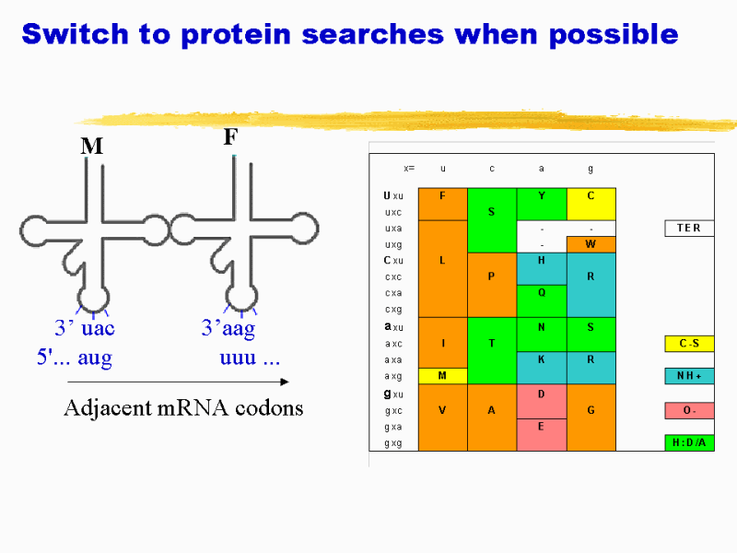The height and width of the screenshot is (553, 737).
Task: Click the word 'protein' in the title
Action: click(236, 35)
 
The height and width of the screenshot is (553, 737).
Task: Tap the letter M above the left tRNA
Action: click(91, 146)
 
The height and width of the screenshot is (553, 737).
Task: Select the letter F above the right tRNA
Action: click(231, 136)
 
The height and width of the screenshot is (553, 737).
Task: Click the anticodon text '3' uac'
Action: click(85, 327)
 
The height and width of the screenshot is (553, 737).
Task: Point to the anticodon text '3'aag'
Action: click(228, 328)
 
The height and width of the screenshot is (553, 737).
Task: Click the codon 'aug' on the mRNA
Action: click(95, 359)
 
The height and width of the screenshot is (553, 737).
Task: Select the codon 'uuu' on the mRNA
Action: click(238, 358)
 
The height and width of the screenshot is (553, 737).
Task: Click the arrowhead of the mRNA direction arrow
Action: click(285, 382)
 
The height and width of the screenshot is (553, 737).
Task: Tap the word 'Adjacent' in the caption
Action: click(107, 408)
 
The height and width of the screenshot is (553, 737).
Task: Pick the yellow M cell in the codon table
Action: click(443, 376)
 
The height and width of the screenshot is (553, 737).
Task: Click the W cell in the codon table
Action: click(591, 244)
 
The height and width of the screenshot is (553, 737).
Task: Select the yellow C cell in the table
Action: click(591, 204)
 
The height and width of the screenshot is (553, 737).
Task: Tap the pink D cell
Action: click(542, 401)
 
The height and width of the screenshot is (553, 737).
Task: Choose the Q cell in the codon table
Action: click(542, 301)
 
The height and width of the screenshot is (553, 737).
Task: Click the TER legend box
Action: click(689, 228)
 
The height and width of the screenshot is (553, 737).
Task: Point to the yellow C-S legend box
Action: click(689, 344)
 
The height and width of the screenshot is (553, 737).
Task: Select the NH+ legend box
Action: click(689, 376)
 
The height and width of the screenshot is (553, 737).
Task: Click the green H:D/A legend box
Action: click(689, 442)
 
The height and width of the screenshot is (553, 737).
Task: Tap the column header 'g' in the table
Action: click(591, 169)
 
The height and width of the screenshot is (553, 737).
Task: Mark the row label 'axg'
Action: click(393, 377)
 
